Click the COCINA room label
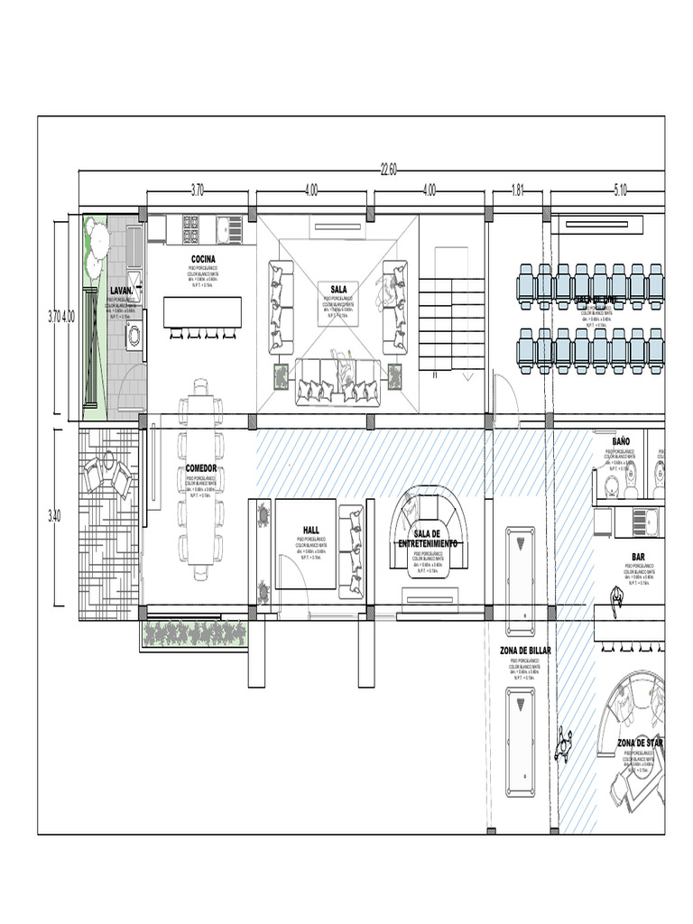click(203, 259)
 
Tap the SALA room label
click(338, 290)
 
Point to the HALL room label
click(311, 531)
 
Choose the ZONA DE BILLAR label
click(524, 650)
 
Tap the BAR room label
click(638, 558)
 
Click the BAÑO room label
click(621, 441)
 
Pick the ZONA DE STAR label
click(641, 743)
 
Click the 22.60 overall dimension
click(388, 168)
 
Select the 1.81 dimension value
click(518, 190)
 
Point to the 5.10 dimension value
click(621, 190)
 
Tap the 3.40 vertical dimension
click(56, 515)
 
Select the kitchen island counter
click(202, 311)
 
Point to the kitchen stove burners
click(191, 229)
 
